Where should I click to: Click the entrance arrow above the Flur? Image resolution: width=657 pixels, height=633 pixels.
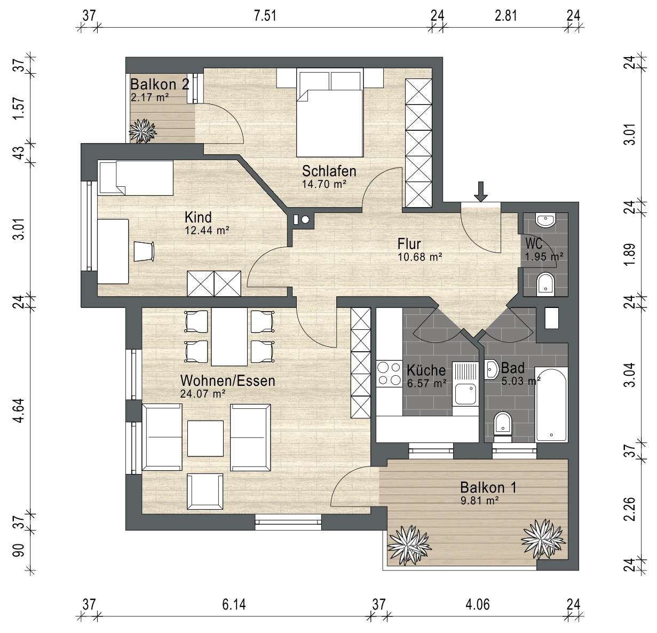pyautogui.click(x=481, y=192)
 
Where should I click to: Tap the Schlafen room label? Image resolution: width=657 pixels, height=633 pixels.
pyautogui.click(x=329, y=171)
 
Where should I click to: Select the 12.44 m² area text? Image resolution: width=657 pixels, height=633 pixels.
pyautogui.click(x=207, y=231)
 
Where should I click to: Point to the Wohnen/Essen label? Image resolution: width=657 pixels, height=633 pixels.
pyautogui.click(x=227, y=381)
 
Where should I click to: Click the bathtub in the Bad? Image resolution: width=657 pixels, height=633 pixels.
pyautogui.click(x=551, y=405)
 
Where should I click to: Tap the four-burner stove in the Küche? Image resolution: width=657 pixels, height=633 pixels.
pyautogui.click(x=390, y=373)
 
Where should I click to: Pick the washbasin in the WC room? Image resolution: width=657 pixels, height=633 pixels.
pyautogui.click(x=545, y=220)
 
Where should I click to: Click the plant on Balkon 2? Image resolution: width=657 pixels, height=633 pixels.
pyautogui.click(x=143, y=131)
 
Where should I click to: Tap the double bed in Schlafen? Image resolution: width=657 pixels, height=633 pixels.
pyautogui.click(x=330, y=113)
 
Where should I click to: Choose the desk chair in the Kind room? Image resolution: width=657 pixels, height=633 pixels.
pyautogui.click(x=144, y=251)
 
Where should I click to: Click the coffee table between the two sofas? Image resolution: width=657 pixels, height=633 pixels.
pyautogui.click(x=205, y=438)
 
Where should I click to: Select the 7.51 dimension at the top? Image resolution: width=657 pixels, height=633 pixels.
pyautogui.click(x=265, y=16)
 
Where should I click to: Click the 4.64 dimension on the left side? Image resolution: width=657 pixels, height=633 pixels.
pyautogui.click(x=20, y=410)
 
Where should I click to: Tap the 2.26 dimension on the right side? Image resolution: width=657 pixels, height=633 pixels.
pyautogui.click(x=630, y=509)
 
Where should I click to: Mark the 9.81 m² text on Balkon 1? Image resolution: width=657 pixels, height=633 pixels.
pyautogui.click(x=480, y=500)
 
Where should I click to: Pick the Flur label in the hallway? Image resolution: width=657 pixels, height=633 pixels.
pyautogui.click(x=409, y=244)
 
